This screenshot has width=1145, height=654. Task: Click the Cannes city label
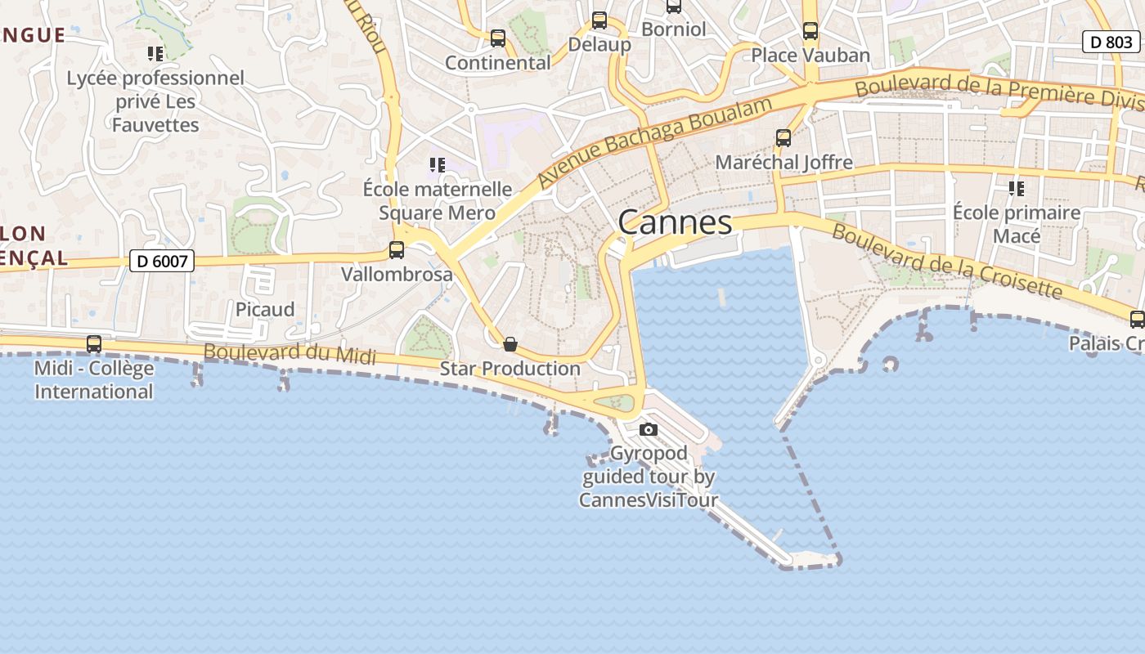click(675, 222)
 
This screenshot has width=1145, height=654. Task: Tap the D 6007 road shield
click(163, 262)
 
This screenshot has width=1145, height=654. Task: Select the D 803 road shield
click(1111, 42)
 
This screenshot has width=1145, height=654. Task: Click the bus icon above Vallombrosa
click(397, 250)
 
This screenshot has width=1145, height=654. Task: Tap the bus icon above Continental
click(498, 38)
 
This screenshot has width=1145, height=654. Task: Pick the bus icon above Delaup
click(599, 20)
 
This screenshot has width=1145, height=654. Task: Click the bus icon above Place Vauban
click(810, 31)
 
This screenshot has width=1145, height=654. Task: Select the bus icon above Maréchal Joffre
click(784, 138)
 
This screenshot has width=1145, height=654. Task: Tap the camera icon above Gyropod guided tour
click(649, 429)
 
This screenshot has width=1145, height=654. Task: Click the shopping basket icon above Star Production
click(510, 344)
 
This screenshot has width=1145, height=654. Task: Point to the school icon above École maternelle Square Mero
click(438, 165)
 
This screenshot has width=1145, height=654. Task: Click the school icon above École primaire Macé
click(1017, 189)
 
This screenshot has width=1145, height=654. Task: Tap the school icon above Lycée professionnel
click(155, 54)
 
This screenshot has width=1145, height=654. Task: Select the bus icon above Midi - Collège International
click(94, 344)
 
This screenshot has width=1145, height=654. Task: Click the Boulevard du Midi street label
click(290, 353)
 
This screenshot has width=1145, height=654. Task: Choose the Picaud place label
click(265, 310)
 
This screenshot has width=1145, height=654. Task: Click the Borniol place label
click(673, 29)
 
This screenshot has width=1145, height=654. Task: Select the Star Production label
click(510, 369)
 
